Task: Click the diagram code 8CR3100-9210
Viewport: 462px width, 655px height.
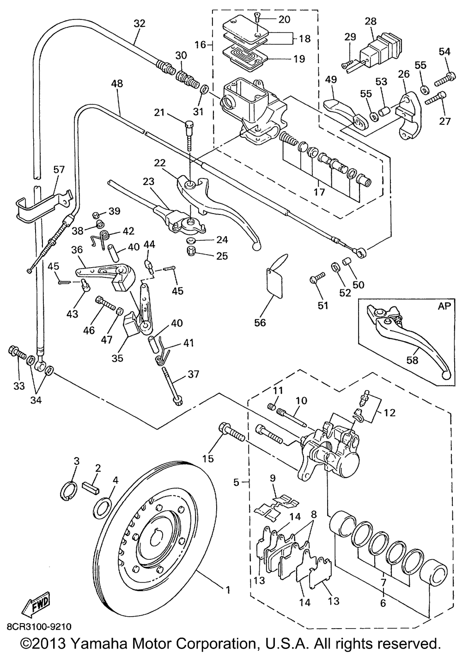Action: pos(39,627)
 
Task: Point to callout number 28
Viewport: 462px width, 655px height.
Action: pos(370,21)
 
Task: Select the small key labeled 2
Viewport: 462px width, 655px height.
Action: pos(91,487)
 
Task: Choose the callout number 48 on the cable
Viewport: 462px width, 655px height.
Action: pos(117,84)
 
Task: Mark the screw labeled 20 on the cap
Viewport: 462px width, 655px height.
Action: pos(258,18)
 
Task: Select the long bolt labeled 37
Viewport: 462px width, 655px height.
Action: pos(172,386)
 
